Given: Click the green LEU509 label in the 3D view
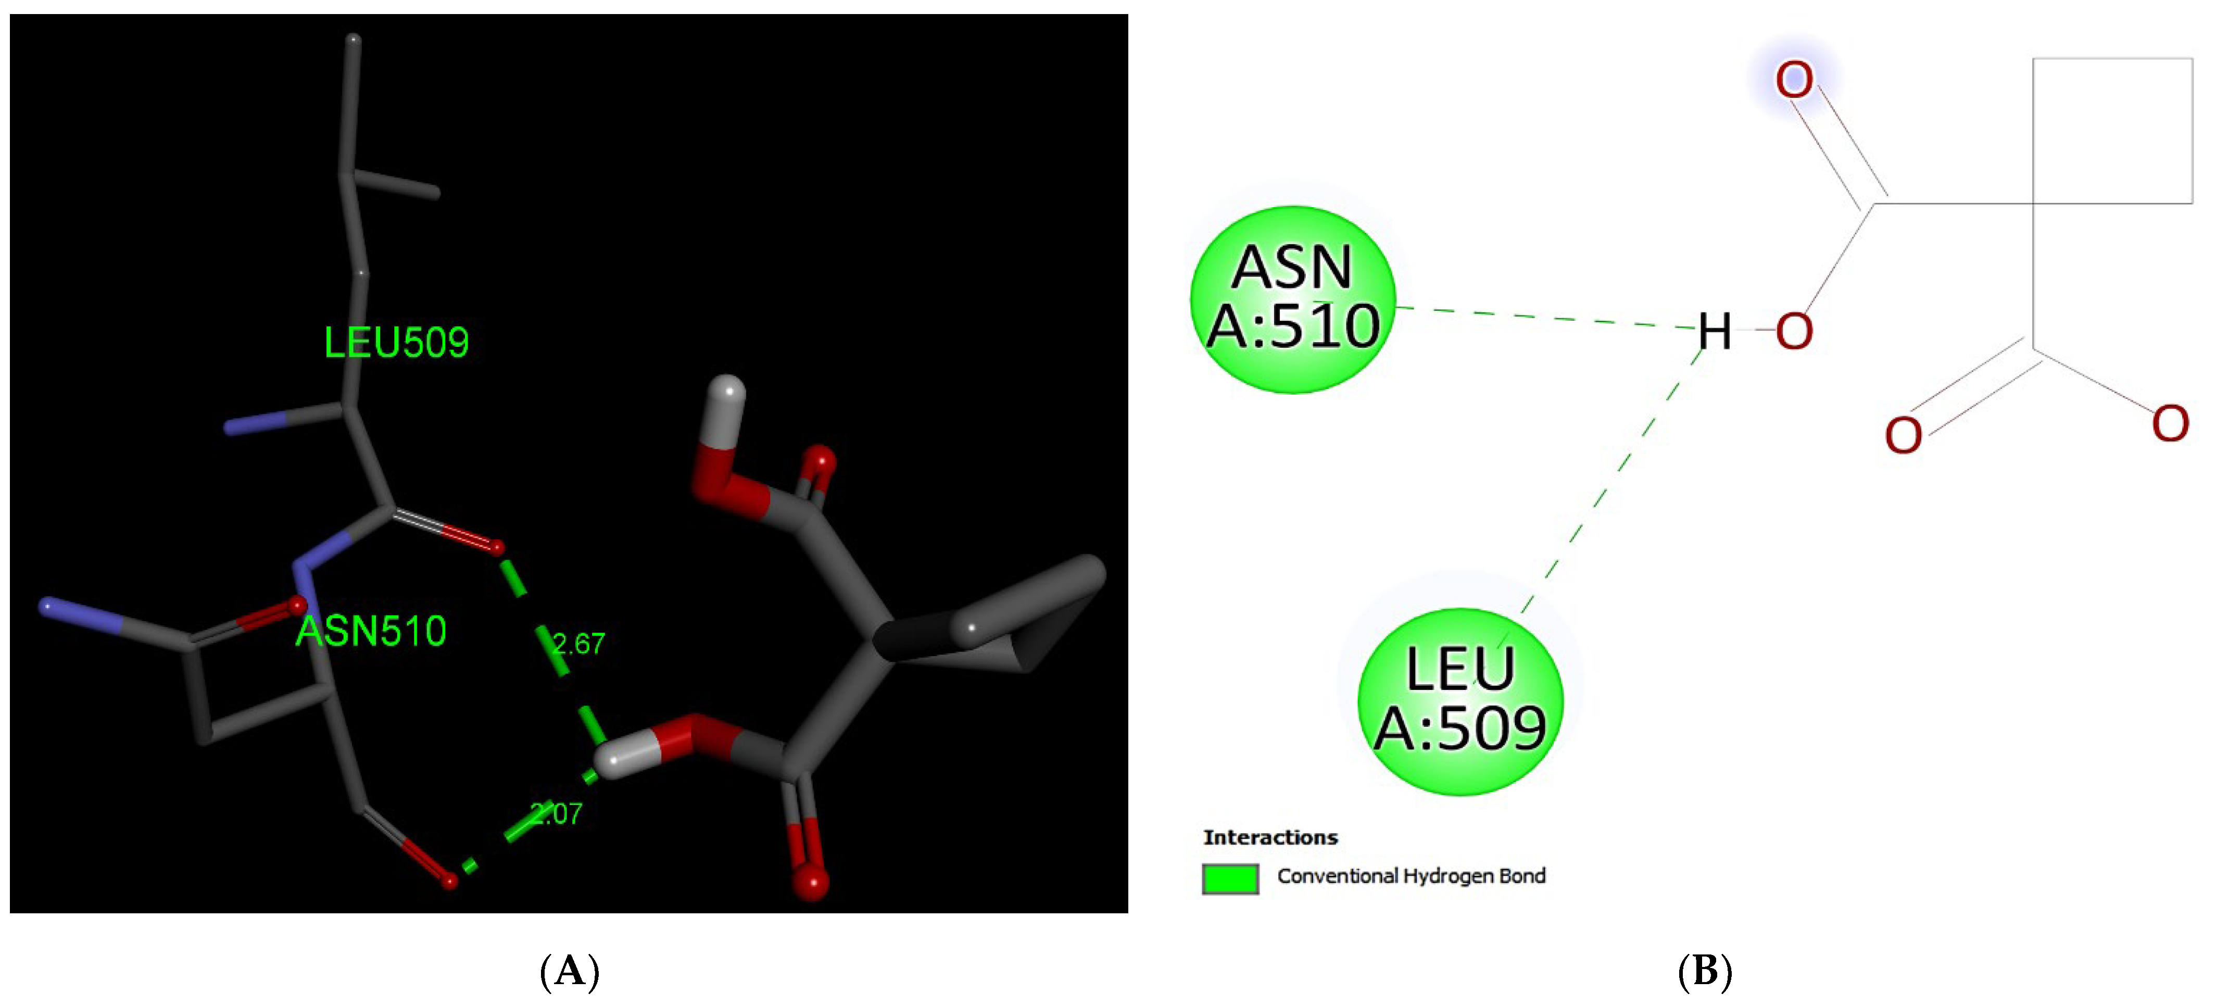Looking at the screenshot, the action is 397,343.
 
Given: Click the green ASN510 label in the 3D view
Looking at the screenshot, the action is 371,632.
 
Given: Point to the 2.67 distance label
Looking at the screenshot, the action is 579,644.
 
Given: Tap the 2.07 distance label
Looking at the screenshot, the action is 557,813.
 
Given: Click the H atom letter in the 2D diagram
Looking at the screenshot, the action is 1715,332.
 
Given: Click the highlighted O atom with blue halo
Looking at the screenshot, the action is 1794,80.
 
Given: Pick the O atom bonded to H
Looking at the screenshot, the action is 1794,332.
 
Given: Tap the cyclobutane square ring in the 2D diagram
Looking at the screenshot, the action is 2112,131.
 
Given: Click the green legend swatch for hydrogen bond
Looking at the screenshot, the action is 1230,878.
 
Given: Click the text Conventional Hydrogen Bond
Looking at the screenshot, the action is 1411,876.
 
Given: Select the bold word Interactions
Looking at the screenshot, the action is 1270,837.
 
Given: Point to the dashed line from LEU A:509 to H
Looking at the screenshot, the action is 1609,482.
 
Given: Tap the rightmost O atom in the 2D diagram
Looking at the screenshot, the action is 2170,424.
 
